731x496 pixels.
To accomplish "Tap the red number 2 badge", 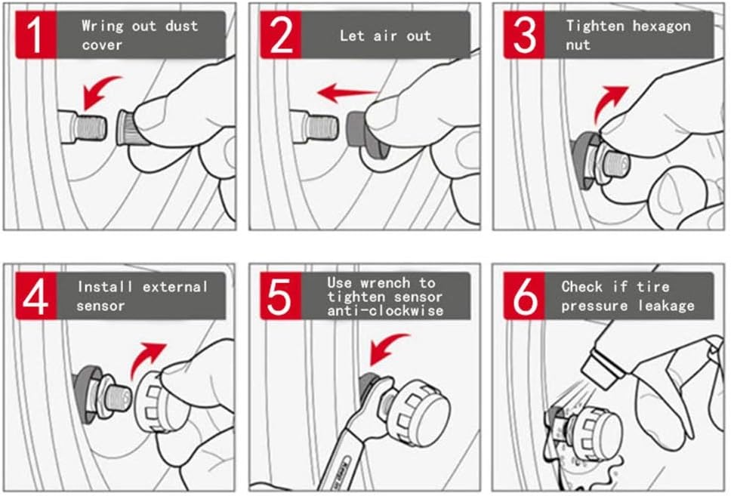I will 281,35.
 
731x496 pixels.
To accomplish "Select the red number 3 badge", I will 526,35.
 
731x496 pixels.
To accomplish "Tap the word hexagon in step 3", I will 662,26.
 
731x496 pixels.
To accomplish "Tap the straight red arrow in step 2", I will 346,94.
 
